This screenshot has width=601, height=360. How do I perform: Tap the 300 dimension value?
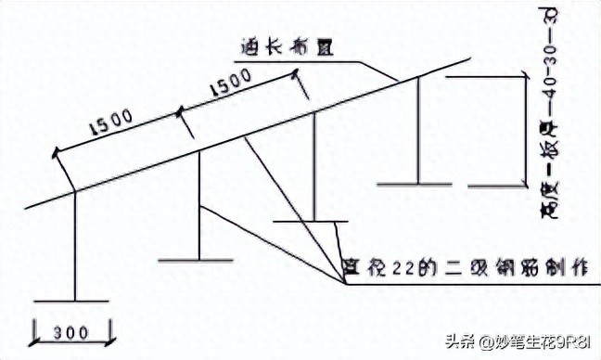[x=71, y=331]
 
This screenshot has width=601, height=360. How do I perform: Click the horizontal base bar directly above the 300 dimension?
[x=71, y=302]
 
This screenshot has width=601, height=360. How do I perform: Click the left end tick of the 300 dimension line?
[x=34, y=330]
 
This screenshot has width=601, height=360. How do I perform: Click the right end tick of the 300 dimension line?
[x=109, y=330]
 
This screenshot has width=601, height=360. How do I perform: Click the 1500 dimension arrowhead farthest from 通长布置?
[x=55, y=150]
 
